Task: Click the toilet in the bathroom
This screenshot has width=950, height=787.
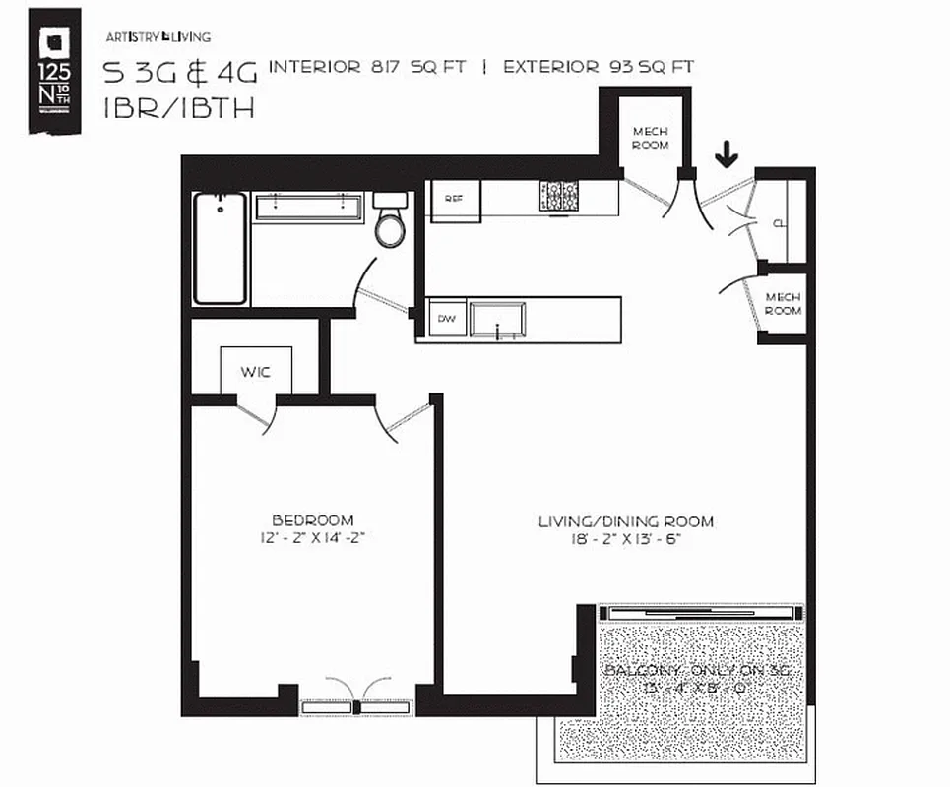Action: tap(390, 222)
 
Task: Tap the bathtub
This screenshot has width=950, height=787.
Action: tap(220, 248)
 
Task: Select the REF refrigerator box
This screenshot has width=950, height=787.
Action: tap(454, 200)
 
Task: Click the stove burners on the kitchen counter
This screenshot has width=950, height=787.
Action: tap(558, 196)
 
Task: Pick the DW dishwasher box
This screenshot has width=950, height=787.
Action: tap(446, 319)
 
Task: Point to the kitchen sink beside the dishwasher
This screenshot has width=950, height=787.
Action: tap(497, 321)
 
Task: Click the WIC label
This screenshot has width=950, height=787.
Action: tap(255, 373)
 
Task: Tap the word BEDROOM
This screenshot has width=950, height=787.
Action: tap(312, 519)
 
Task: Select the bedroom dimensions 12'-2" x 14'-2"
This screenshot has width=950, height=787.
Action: tap(312, 537)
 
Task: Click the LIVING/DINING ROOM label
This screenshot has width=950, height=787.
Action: tap(626, 521)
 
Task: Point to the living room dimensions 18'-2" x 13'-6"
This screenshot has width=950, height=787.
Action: tap(626, 539)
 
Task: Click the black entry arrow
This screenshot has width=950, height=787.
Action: tap(727, 153)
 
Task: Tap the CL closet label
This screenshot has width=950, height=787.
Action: tap(780, 223)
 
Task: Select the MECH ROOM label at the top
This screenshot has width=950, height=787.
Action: tap(651, 138)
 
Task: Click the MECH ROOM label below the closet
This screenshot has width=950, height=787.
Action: tap(784, 304)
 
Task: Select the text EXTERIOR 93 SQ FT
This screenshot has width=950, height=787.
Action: tap(599, 68)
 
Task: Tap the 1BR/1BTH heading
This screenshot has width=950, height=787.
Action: tap(178, 108)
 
